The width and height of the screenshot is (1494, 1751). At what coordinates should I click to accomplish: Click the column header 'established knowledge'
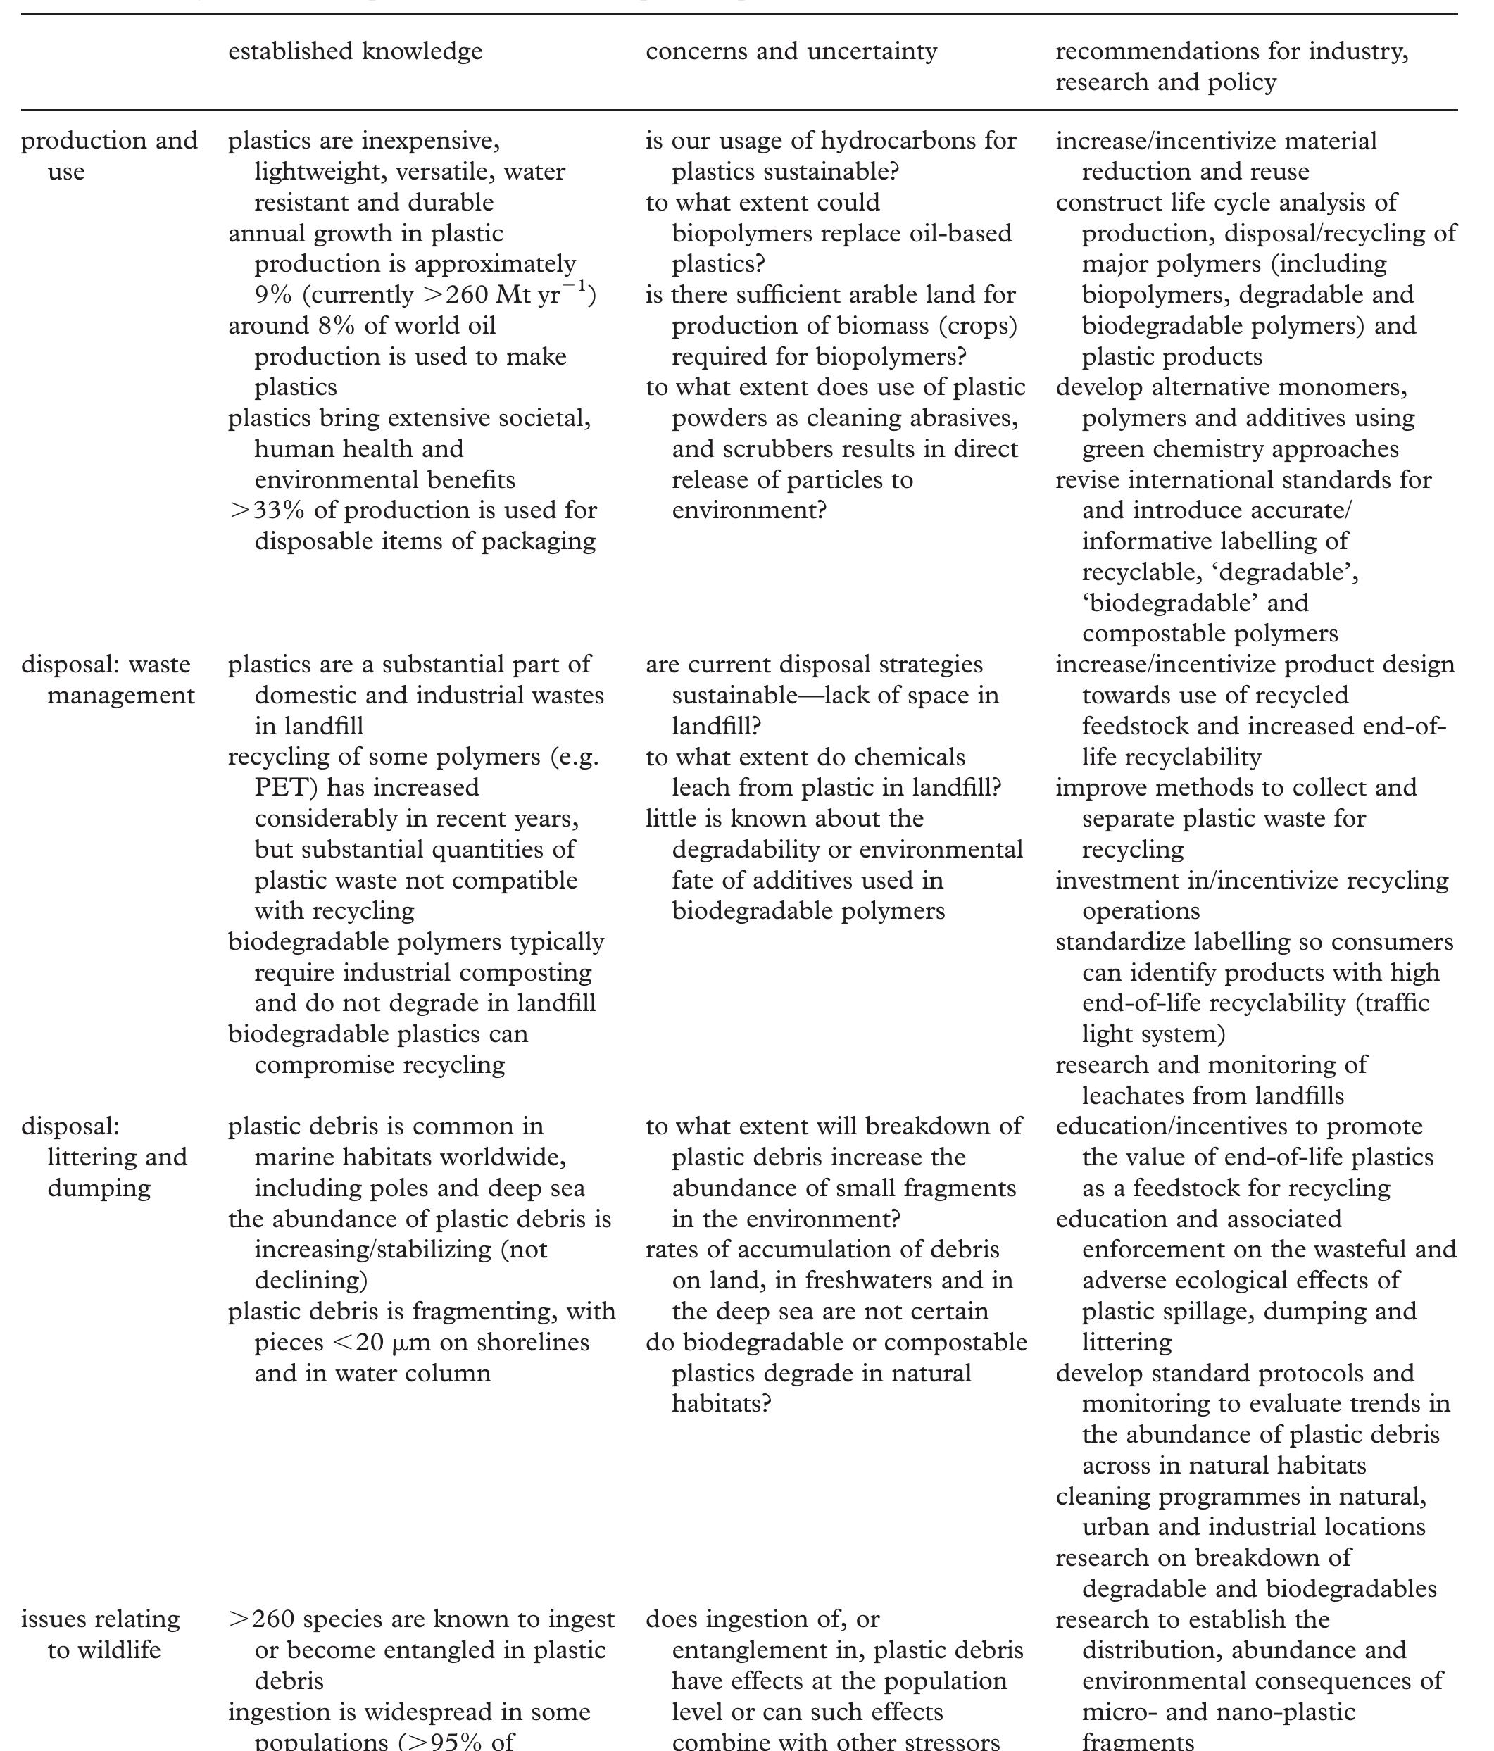[355, 51]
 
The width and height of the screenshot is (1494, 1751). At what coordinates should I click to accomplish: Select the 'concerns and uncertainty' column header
[791, 51]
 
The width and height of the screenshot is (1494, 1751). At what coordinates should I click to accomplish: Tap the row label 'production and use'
[109, 156]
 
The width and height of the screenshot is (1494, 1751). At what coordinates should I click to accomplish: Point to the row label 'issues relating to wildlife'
[101, 1633]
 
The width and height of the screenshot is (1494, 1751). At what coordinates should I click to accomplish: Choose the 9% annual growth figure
[273, 295]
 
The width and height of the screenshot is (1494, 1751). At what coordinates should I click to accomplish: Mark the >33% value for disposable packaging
[266, 510]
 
